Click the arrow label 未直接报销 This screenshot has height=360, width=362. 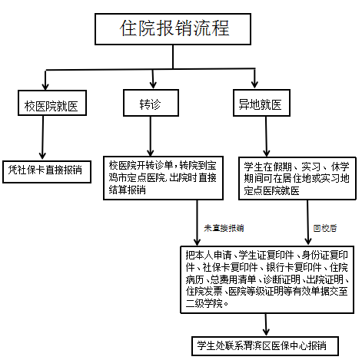224,228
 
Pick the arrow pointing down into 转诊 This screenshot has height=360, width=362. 154,78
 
